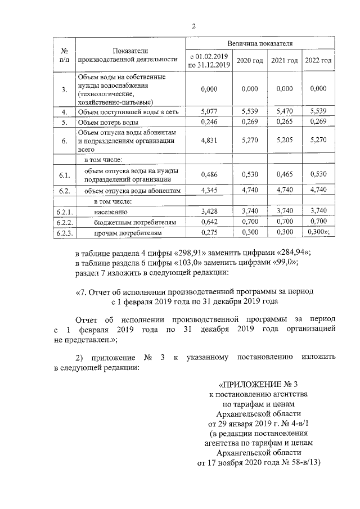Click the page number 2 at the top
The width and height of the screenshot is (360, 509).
(x=194, y=26)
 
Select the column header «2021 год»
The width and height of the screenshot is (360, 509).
(x=285, y=60)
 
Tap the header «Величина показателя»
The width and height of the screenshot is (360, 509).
(x=259, y=43)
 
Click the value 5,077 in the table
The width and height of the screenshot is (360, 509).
(x=209, y=112)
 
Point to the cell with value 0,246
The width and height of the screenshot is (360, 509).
(x=209, y=122)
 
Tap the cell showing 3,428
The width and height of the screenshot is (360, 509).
(x=209, y=211)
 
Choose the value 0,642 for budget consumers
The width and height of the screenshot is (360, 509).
(x=209, y=222)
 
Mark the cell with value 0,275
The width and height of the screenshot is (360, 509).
(x=209, y=232)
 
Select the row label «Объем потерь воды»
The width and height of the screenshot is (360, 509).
(x=107, y=122)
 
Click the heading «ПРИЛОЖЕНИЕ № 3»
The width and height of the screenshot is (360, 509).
(x=256, y=384)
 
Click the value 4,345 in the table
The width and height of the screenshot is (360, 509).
(x=209, y=191)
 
